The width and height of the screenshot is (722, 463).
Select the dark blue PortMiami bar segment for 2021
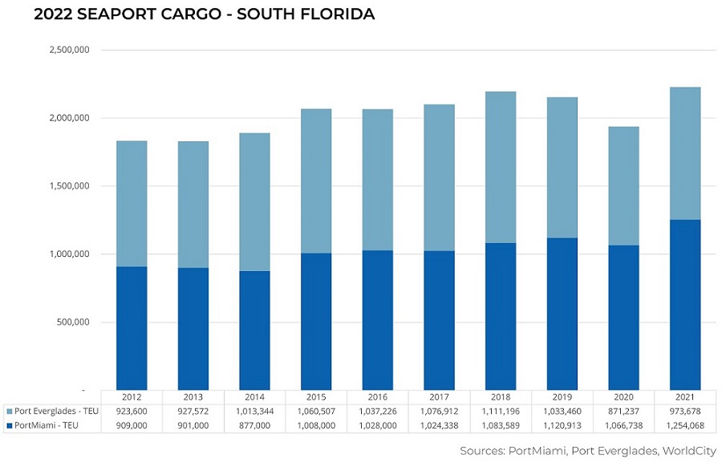click(684, 305)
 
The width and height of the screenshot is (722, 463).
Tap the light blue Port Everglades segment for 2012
click(132, 204)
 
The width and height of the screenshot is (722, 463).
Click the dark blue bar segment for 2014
click(254, 331)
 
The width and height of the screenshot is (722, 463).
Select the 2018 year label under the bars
click(500, 397)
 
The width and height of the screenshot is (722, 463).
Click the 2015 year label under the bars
click(316, 397)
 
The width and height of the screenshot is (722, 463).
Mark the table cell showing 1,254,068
click(684, 425)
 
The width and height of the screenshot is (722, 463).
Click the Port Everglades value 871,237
click(623, 411)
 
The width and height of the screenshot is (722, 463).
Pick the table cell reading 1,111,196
click(500, 411)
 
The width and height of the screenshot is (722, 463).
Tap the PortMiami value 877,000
click(254, 425)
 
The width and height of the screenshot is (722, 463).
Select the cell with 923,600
click(132, 411)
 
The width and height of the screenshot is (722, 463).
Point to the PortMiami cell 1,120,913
click(562, 425)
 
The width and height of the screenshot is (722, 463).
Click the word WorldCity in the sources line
click(688, 450)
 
